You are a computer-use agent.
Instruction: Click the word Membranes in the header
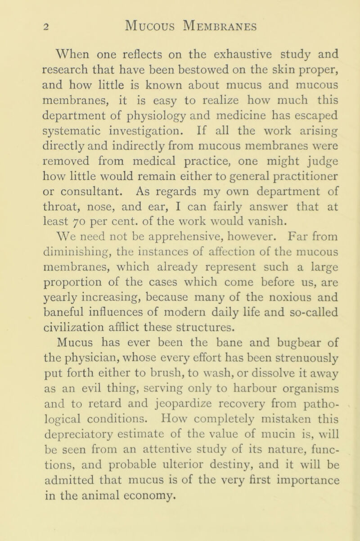pos(211,26)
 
